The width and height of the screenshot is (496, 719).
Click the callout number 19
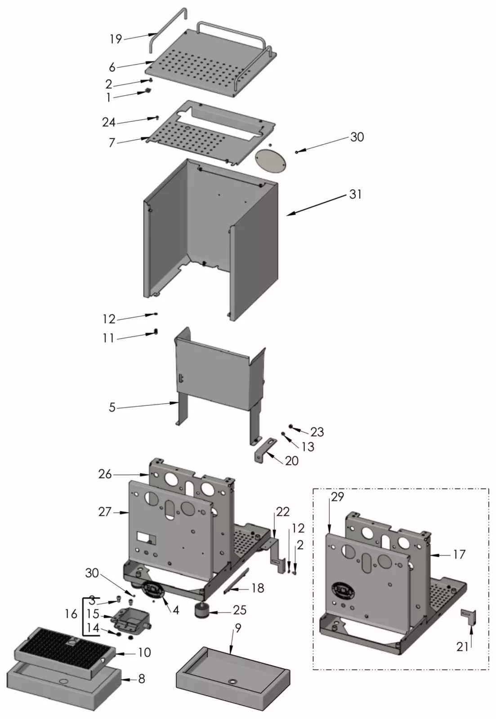(x=116, y=39)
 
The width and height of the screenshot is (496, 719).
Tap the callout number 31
(x=355, y=195)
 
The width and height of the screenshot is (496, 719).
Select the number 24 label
(x=108, y=122)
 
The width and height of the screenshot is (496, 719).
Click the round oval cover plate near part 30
(x=270, y=160)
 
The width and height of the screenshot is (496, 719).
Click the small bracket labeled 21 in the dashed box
(x=469, y=617)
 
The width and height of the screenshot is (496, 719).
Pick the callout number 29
(x=337, y=497)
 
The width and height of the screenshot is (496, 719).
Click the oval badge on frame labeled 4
(x=152, y=589)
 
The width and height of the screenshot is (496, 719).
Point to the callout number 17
(x=459, y=555)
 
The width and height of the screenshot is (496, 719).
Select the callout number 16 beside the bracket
(x=71, y=614)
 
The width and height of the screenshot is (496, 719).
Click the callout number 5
(x=112, y=408)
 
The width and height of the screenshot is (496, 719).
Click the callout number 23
(x=317, y=431)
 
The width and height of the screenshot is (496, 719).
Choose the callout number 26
(x=105, y=474)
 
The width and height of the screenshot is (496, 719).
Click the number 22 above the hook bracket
(x=283, y=512)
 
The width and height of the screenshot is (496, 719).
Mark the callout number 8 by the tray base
(x=142, y=679)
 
